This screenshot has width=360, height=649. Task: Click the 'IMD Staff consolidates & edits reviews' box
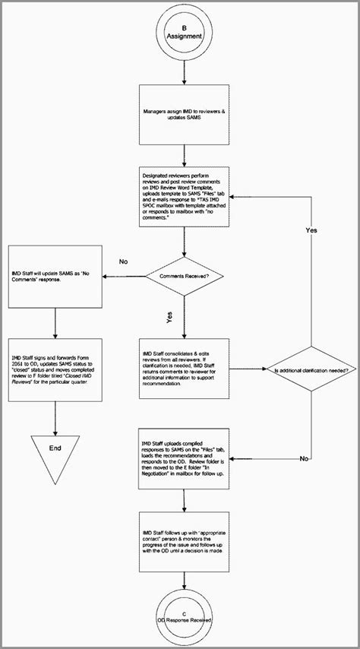[184, 368]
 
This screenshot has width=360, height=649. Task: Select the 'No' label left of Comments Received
[124, 261]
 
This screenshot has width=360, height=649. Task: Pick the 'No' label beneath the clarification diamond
[304, 459]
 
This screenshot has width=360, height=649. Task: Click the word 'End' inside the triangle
[55, 448]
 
